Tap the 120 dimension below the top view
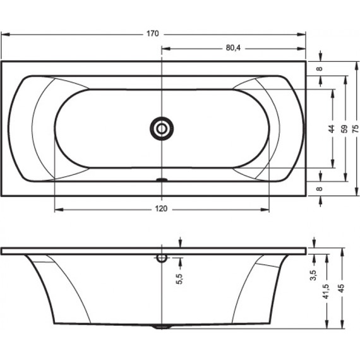click(162, 209)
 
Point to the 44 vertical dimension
click(331, 128)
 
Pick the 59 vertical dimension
click(344, 128)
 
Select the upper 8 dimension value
click(320, 69)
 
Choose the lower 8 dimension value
click(320, 188)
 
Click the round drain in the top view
click(162, 128)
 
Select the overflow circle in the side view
click(162, 258)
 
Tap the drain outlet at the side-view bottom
click(162, 326)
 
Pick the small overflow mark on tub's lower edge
click(162, 179)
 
